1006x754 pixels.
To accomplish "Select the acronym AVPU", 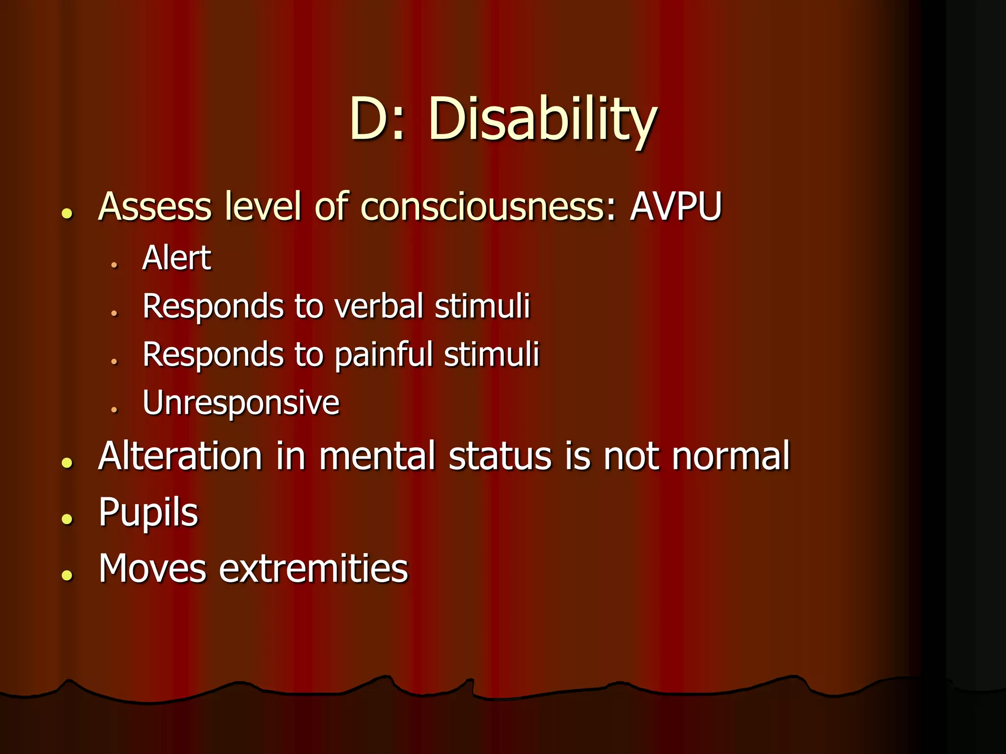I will pos(676,206).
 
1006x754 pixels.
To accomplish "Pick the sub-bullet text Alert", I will pos(176,258).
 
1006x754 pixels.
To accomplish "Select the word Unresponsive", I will pos(241,403).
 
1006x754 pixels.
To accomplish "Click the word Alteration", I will pos(180,456).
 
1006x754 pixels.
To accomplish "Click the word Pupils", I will pos(148,512).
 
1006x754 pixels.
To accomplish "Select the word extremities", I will pos(313,568).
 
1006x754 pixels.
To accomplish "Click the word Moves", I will pos(152,568).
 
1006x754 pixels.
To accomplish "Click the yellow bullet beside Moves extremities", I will pos(67,575).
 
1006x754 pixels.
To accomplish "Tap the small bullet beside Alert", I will pos(114,265).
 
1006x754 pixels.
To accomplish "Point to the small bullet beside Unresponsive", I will pos(114,409).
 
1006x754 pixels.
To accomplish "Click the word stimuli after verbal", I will pos(482,306).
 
